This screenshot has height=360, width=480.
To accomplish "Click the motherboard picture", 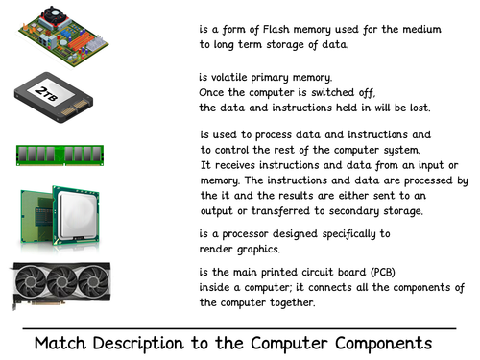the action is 63,36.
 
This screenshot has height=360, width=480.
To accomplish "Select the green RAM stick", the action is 60,156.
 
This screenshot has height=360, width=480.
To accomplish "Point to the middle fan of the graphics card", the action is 62,281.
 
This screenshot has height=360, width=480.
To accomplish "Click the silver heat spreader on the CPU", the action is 77,214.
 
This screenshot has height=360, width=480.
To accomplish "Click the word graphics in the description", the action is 258,250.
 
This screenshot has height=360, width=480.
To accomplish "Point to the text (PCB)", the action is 383,272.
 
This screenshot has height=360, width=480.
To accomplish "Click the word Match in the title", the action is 60,343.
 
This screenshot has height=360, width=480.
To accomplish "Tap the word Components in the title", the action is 383,344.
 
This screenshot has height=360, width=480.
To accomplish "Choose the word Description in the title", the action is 138,344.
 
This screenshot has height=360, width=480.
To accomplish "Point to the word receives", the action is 235,165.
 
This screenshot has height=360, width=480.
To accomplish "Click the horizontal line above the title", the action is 239,328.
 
